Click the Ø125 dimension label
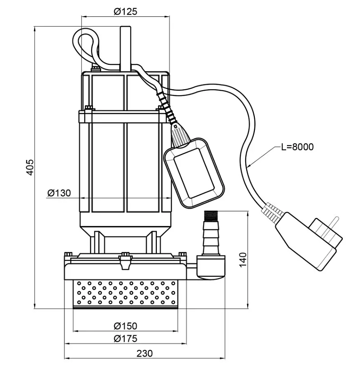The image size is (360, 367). coord(125,11)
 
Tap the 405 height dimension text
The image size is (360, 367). coord(30,167)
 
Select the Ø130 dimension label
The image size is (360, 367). coord(59,193)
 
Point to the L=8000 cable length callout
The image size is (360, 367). coord(297,147)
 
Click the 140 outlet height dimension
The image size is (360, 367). coord(243,260)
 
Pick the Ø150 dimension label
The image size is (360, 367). coord(125,326)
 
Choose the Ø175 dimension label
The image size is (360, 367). coord(125,338)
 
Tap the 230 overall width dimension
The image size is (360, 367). coord(145,353)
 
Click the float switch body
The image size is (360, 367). coord(194,173)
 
